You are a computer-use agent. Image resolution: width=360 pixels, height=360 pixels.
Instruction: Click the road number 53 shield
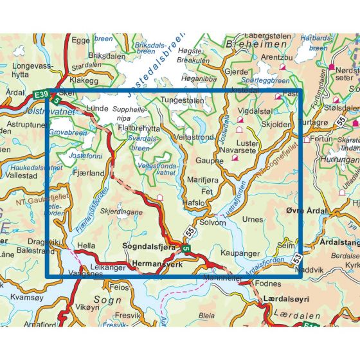[296, 258]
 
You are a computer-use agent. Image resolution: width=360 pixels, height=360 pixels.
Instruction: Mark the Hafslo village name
[194, 202]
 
